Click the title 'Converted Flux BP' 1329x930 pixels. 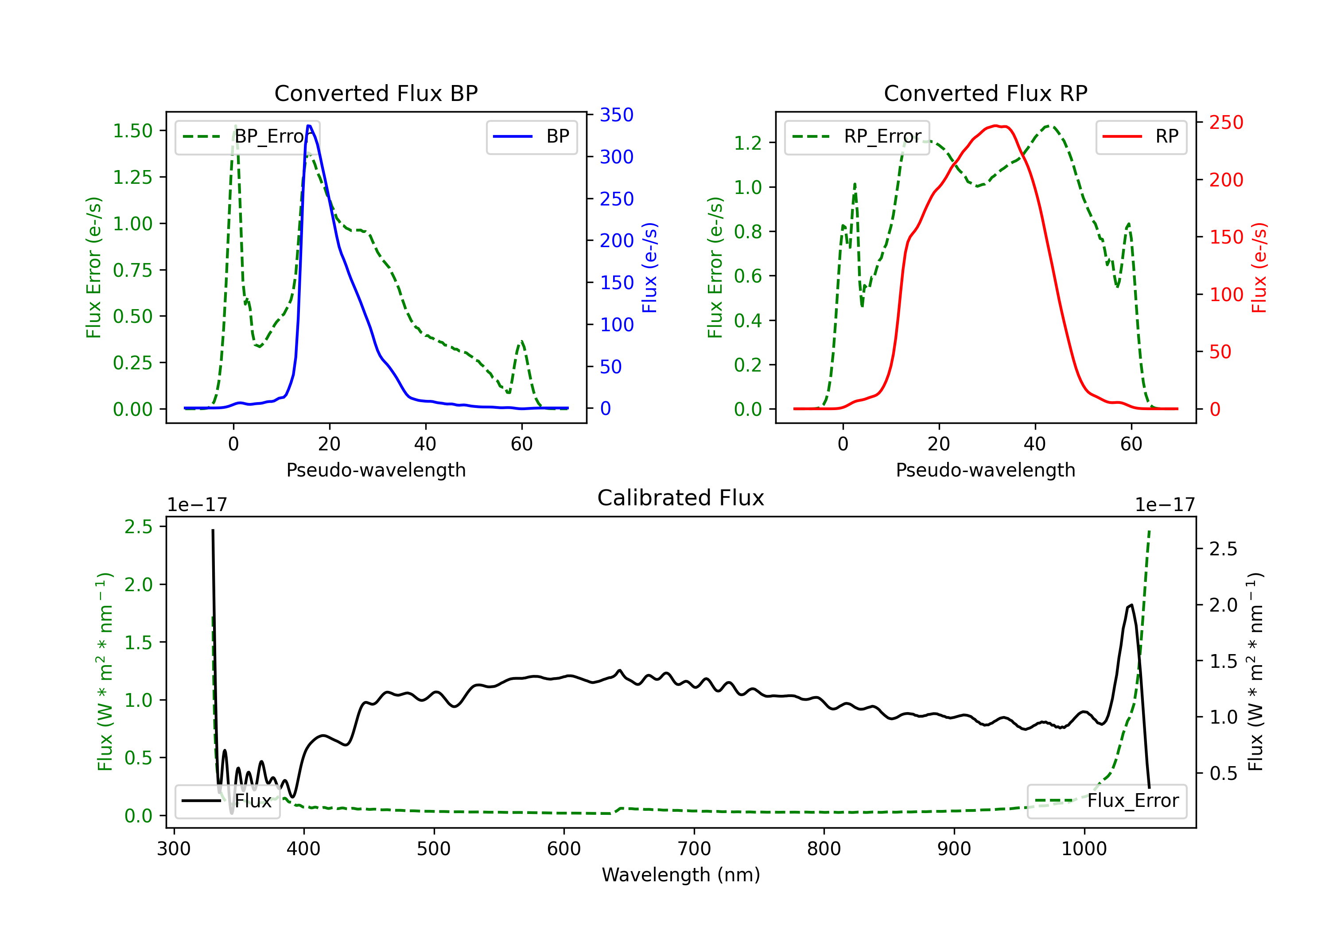tap(376, 93)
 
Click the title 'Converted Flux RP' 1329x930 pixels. tap(985, 93)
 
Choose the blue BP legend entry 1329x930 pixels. tap(531, 136)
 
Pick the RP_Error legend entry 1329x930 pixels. tap(857, 136)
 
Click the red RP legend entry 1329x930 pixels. tap(1141, 136)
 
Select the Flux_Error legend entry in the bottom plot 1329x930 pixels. tap(1106, 801)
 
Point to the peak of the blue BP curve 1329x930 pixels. tap(309, 126)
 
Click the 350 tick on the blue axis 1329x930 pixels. tap(617, 115)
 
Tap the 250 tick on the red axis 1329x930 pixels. tap(1226, 123)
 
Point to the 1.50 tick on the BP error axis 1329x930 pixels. tap(132, 131)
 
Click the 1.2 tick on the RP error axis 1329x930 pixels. tap(748, 142)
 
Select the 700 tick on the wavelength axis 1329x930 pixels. tap(694, 849)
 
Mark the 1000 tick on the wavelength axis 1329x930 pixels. tap(1084, 849)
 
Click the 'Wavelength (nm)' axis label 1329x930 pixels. tap(681, 875)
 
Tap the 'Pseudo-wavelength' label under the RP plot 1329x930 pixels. tap(985, 470)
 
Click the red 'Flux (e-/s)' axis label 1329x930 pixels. tap(1259, 267)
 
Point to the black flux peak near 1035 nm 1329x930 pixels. tap(1131, 605)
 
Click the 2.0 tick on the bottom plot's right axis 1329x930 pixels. tap(1223, 605)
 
